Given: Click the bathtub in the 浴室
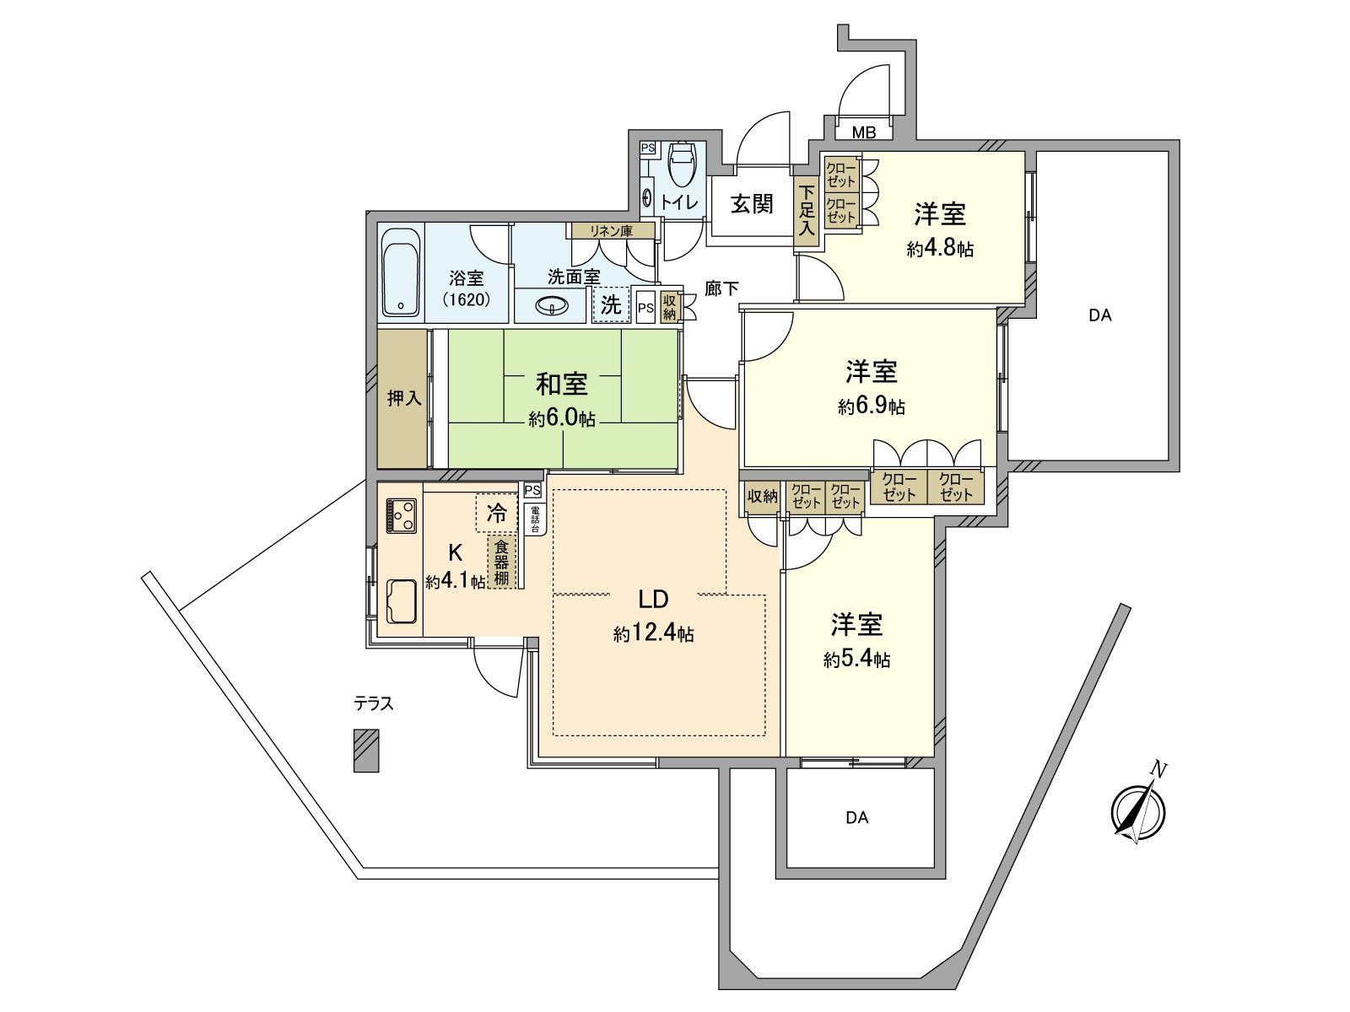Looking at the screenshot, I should tap(401, 272).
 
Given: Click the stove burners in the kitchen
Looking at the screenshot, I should tap(401, 515).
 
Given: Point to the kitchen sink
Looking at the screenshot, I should tap(401, 601).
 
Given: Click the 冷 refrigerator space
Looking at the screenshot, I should tap(497, 512).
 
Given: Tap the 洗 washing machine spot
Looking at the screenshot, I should tap(611, 304).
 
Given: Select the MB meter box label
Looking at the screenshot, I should tap(863, 132).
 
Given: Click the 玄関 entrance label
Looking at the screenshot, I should tap(751, 204).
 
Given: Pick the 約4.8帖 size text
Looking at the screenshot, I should tap(940, 249).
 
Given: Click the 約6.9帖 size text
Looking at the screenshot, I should tap(872, 406).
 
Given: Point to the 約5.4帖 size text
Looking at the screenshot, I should tap(856, 659).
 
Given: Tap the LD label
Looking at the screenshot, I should tap(653, 600).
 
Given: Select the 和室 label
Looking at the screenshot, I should tap(562, 384).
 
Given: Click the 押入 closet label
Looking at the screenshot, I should tap(403, 398).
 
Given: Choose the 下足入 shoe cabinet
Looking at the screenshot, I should tap(807, 211).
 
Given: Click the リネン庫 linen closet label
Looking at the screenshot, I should tap(611, 231).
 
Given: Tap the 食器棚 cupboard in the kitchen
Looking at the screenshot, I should tap(502, 562).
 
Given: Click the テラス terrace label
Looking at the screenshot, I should tap(374, 703).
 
